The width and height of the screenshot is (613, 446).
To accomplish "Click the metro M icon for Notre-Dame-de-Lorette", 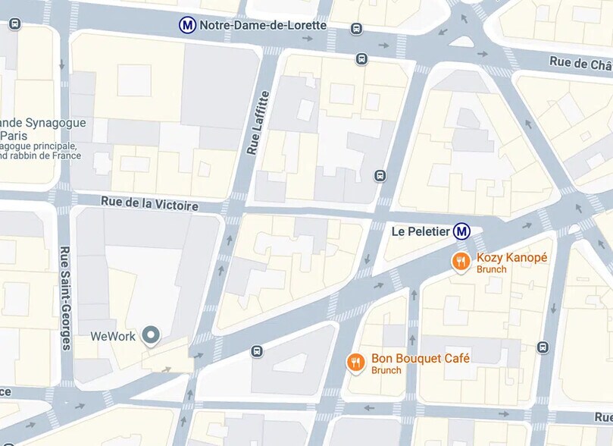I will [187, 25].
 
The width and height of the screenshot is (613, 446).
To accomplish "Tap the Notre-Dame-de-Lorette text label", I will [262, 25].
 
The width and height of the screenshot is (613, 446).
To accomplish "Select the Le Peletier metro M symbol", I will [461, 231].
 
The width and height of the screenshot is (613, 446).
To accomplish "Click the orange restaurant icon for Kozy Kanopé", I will [461, 262].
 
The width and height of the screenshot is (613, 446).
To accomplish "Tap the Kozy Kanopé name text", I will [511, 258].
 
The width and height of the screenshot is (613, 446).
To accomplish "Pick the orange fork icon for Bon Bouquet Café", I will [355, 363].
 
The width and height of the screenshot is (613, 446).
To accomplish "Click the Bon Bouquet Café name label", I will [421, 358].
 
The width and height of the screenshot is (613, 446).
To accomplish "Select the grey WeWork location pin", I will [152, 334].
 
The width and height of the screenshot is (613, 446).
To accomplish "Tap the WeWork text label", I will [113, 336].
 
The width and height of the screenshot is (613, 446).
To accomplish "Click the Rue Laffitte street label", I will [258, 123].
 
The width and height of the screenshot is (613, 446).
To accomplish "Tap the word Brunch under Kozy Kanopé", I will [492, 269].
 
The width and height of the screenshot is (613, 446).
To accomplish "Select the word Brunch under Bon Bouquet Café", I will [386, 370].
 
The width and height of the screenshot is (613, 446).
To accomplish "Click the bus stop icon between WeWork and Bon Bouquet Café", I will [257, 351].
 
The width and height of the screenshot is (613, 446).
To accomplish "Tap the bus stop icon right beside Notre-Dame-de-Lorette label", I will [356, 29].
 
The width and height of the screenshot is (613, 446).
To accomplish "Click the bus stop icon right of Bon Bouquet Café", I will [543, 347].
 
